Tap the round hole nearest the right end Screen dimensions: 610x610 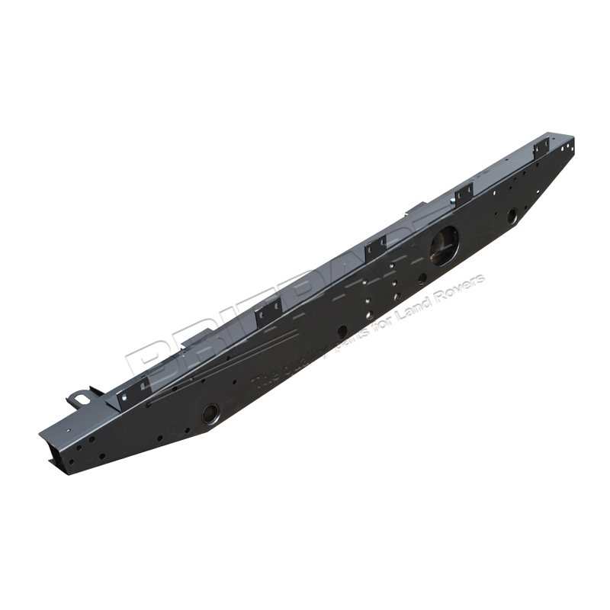(x=512, y=217)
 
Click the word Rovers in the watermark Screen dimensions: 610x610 (x=462, y=280)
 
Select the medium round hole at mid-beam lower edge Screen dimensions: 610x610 (x=342, y=332)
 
